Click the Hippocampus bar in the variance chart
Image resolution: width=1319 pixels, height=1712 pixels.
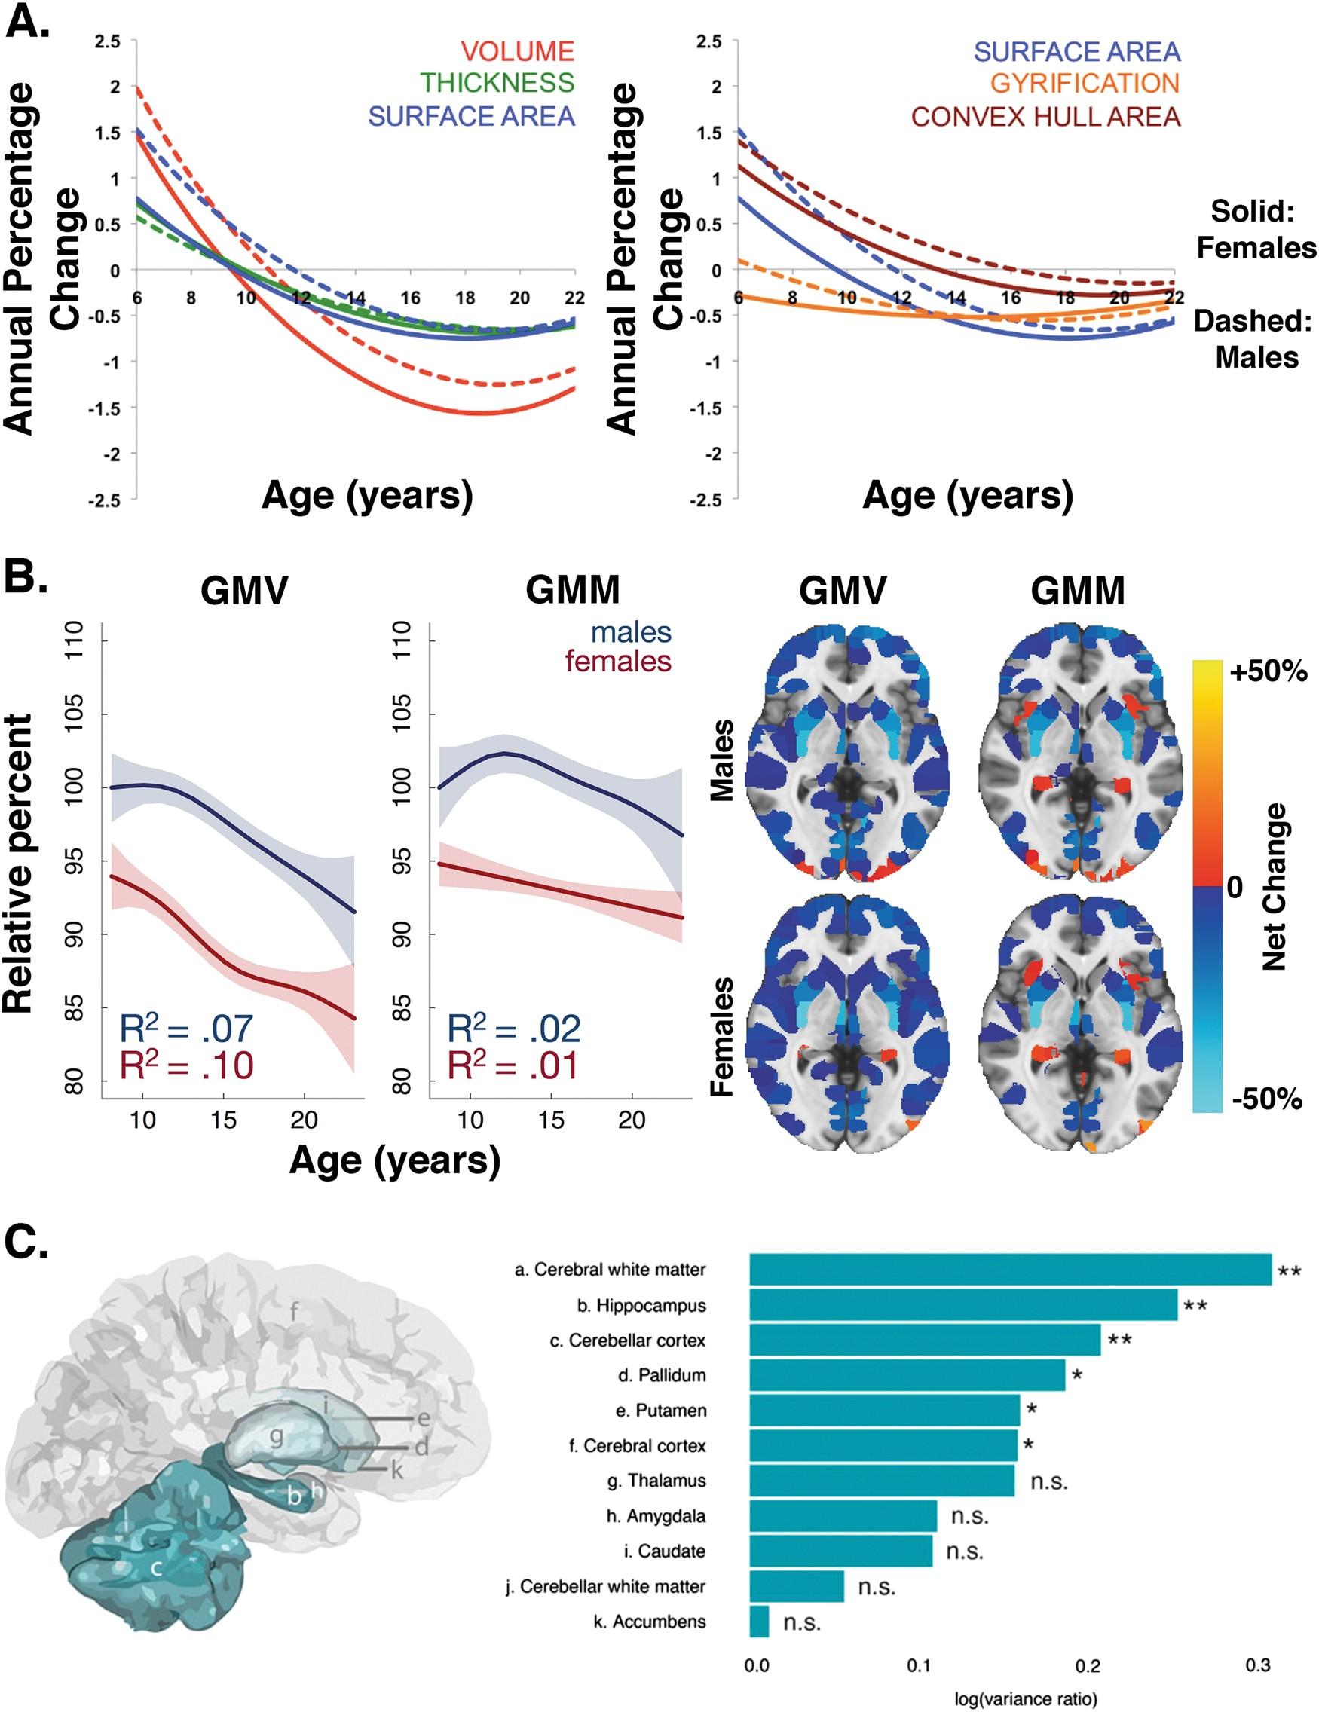click(x=963, y=1305)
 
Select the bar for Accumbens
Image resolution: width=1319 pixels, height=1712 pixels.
click(x=759, y=1621)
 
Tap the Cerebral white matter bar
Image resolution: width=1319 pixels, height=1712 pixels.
click(x=1010, y=1270)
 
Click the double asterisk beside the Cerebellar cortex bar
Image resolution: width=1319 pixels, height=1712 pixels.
click(x=1120, y=1341)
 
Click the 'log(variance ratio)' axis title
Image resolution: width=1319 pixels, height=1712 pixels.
click(x=1025, y=1699)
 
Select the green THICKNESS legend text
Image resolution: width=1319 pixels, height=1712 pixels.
click(x=497, y=83)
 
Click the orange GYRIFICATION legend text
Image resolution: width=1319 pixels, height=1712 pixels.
click(x=1085, y=83)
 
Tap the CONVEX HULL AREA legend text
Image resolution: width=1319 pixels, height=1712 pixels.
click(x=1045, y=117)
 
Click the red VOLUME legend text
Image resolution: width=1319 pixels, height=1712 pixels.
click(x=518, y=51)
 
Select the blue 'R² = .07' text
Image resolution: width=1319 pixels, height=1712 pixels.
click(x=186, y=1029)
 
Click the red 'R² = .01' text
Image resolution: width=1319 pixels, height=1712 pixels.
click(x=513, y=1065)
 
